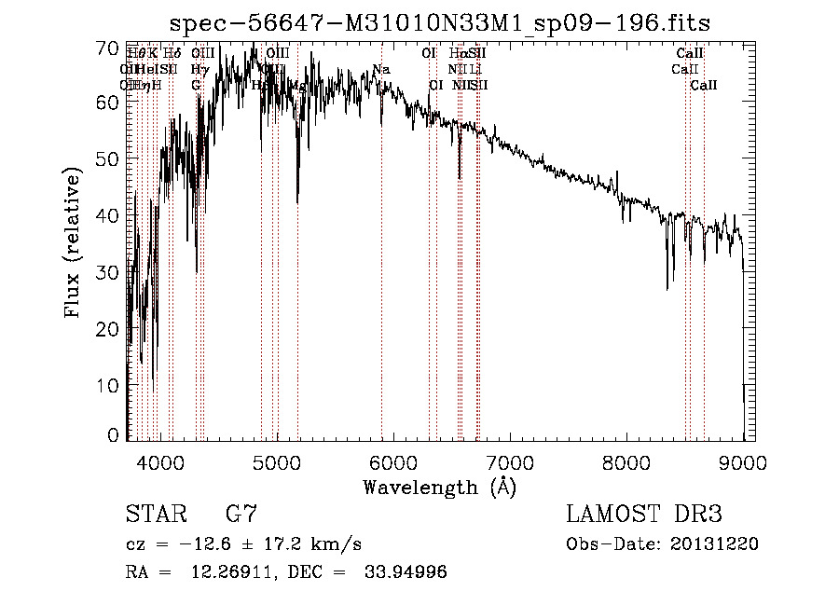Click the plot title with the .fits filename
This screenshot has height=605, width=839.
coord(448,22)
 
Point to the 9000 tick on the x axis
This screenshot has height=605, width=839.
coord(743,460)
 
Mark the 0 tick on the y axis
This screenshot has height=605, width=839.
coord(114,435)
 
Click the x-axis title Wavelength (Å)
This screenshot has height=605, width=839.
coord(439,486)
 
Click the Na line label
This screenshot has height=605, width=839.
coord(380,70)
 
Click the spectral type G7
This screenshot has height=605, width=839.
coord(241,515)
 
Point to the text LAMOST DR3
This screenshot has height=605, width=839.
coord(643,515)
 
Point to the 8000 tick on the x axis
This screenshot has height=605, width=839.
coord(626,460)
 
